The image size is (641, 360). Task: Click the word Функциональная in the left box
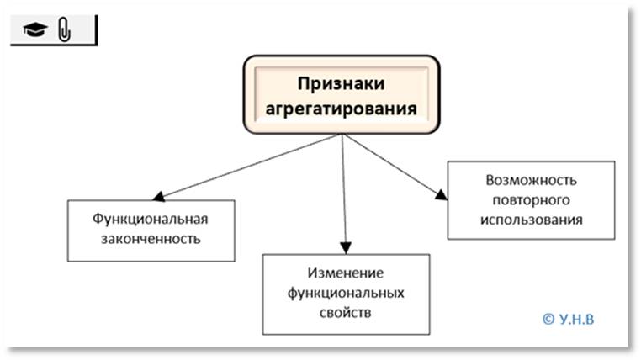[149, 220]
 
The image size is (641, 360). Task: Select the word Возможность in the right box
[531, 182]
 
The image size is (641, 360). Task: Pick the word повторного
[531, 201]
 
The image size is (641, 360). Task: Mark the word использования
[531, 220]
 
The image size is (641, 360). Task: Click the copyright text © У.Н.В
[575, 319]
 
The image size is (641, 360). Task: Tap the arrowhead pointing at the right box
[441, 195]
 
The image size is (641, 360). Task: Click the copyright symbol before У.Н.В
[549, 319]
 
